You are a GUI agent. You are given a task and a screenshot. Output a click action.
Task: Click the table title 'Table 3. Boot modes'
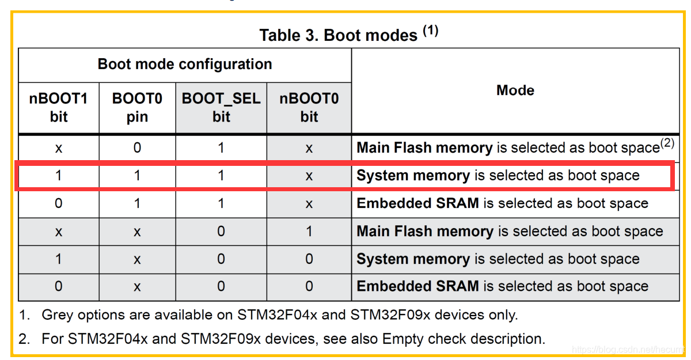click(x=338, y=35)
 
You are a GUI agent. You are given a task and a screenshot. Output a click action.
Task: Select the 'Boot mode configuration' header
click(x=185, y=64)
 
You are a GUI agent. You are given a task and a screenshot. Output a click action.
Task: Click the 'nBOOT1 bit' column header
click(x=58, y=108)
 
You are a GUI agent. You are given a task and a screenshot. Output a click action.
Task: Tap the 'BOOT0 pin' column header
click(x=137, y=108)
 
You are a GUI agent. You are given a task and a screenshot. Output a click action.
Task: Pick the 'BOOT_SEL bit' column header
click(x=221, y=108)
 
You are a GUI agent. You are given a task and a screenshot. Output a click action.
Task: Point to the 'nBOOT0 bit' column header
click(x=309, y=108)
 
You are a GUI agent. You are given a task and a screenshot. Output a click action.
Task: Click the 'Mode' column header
click(x=515, y=90)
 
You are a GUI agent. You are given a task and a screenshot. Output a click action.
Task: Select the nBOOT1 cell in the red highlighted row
click(x=58, y=176)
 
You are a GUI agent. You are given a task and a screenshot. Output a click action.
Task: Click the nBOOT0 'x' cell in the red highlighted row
click(x=309, y=176)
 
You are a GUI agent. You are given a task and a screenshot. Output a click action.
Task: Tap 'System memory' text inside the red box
click(x=413, y=176)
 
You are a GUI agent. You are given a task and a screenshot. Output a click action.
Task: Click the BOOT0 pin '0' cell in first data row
click(x=137, y=148)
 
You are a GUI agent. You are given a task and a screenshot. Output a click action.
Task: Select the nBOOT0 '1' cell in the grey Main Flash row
click(x=309, y=232)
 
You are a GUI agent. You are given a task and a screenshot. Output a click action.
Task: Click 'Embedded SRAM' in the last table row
click(x=417, y=286)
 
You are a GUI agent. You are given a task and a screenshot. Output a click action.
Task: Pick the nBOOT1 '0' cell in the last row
click(x=58, y=286)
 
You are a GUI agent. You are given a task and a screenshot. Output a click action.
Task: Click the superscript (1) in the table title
click(x=431, y=31)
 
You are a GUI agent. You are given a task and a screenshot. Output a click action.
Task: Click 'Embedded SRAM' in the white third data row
click(x=417, y=203)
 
